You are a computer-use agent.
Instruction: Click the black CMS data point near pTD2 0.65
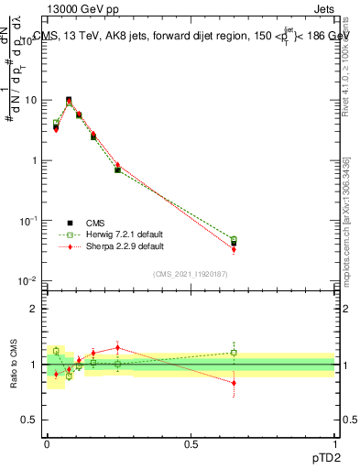click(x=234, y=243)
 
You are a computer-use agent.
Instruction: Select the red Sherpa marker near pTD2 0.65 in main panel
click(x=234, y=249)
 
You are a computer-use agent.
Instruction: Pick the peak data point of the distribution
click(x=69, y=100)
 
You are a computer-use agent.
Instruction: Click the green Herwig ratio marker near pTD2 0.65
click(x=234, y=352)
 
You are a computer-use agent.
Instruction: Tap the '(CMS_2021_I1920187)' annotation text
click(x=190, y=274)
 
